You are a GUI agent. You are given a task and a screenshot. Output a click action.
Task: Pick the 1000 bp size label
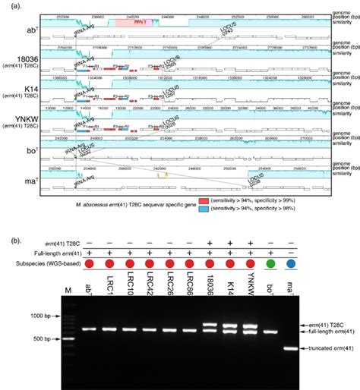tap(39, 315)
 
